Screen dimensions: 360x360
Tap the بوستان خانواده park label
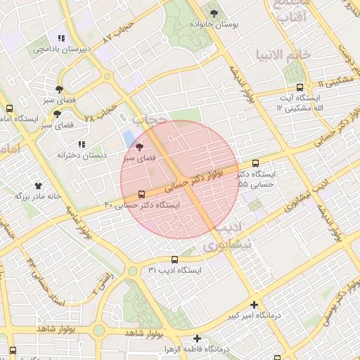click(214, 24)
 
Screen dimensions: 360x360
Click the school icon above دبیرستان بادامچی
click(61, 38)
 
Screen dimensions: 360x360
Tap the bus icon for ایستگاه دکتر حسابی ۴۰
click(142, 193)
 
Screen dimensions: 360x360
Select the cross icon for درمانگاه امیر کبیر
click(254, 304)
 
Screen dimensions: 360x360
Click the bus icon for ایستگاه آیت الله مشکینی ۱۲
click(300, 88)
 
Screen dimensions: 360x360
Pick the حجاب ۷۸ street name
click(100, 114)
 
